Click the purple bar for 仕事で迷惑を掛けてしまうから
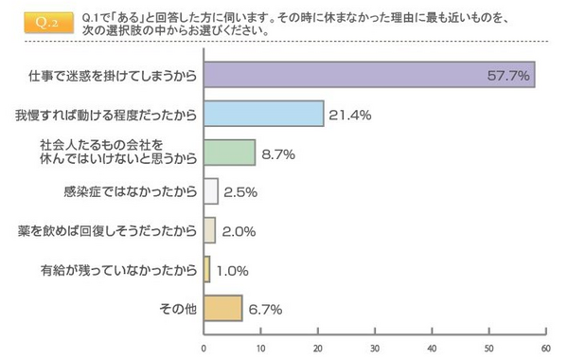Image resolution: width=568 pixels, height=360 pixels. point(369,74)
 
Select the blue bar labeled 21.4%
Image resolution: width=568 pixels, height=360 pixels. point(264,114)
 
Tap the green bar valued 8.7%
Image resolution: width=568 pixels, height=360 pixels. point(229,153)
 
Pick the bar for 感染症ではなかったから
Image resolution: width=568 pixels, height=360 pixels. point(211,191)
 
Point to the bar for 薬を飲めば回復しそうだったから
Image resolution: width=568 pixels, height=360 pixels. point(209,230)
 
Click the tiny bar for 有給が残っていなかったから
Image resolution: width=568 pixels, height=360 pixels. point(206,270)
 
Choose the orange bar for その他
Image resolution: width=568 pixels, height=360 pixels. point(222,309)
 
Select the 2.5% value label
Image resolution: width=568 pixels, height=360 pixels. point(242,191)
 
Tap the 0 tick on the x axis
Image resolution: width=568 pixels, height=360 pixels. point(204,346)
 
